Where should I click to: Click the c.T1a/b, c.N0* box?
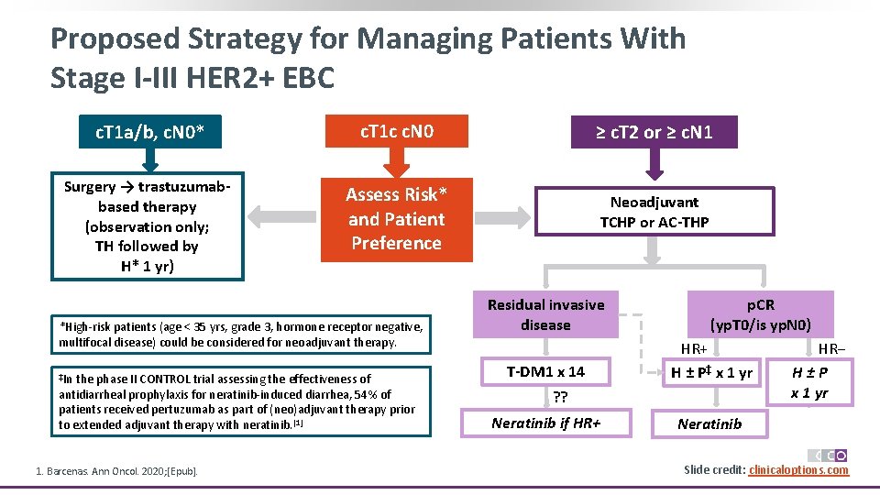(x=148, y=136)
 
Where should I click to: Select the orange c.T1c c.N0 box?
(x=396, y=131)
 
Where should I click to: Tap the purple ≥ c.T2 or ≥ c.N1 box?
(x=654, y=133)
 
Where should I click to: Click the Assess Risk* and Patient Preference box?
(x=396, y=219)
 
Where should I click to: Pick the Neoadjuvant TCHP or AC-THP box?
(x=654, y=212)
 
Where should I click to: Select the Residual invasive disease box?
(x=545, y=314)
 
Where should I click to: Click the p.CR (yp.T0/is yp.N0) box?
(x=760, y=314)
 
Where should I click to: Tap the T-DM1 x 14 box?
(x=545, y=371)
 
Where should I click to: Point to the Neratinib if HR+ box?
(x=545, y=423)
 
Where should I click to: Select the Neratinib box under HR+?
(x=709, y=423)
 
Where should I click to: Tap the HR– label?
(x=830, y=349)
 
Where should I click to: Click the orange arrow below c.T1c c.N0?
(x=396, y=163)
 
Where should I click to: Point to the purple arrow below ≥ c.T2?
(x=654, y=166)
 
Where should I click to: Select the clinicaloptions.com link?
(x=798, y=470)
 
